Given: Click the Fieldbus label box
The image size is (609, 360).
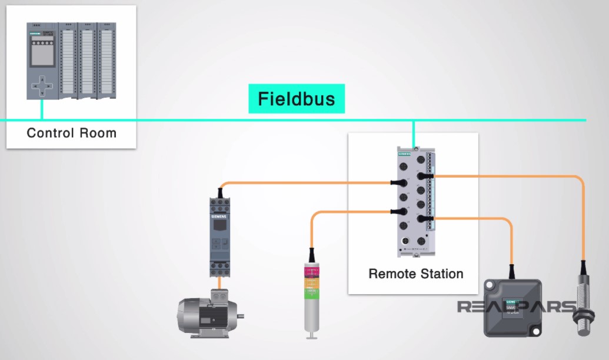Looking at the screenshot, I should click(296, 99).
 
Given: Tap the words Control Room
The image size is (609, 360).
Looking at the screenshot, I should click(72, 133).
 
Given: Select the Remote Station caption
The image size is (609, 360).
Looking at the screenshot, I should click(415, 274).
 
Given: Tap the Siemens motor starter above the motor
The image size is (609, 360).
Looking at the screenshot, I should click(219, 235).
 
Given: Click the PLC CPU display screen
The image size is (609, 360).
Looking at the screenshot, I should click(41, 53).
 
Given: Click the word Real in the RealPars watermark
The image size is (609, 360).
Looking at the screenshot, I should click(481, 307).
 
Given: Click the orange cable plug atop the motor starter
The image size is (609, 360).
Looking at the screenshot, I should click(220, 191).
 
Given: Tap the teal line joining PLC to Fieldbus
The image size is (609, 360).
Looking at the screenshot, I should click(42, 109).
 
